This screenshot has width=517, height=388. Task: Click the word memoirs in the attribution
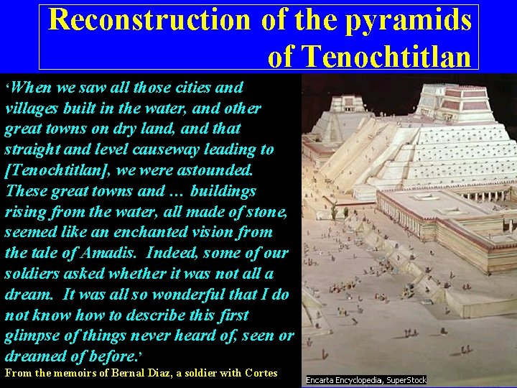[76, 373]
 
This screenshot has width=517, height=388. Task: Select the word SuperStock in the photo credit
[406, 380]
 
